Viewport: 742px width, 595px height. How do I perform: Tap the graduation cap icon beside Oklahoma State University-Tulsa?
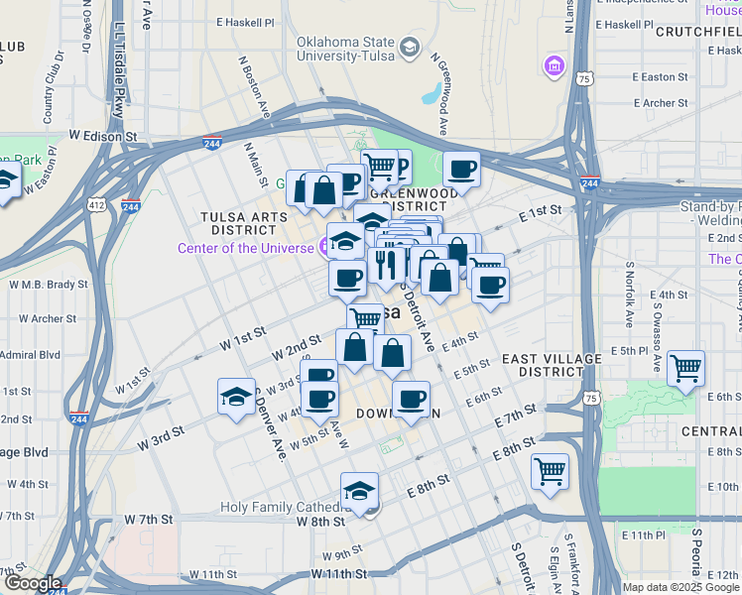tap(409, 47)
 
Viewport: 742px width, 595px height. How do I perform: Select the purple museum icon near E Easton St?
tap(553, 66)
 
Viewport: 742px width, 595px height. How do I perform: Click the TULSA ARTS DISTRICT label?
tap(237, 222)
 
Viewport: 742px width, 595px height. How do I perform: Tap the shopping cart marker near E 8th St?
tap(549, 470)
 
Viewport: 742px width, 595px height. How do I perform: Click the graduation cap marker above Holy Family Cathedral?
tap(359, 489)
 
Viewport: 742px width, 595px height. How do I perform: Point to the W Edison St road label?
tap(102, 135)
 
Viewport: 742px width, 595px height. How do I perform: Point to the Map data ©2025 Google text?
tap(680, 587)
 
